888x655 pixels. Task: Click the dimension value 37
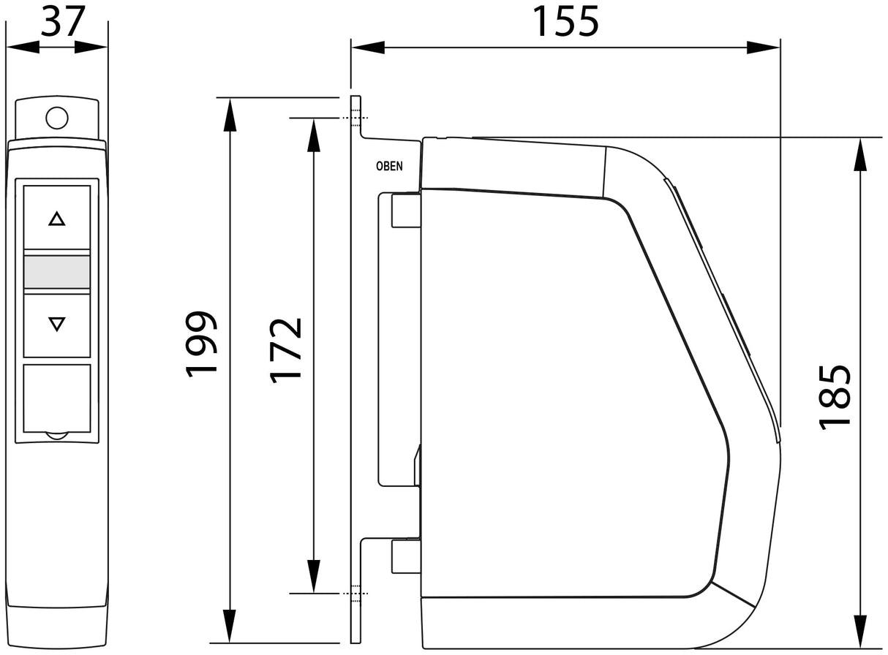63,21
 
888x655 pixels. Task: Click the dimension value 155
565,22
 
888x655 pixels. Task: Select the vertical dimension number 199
201,344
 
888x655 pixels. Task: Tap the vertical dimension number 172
285,350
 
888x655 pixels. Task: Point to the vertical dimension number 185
835,398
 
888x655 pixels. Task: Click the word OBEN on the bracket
389,166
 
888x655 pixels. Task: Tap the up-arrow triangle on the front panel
57,219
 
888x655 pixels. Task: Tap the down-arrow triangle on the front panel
57,324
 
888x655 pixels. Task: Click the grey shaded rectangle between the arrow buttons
57,272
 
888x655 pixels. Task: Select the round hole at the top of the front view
57,118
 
